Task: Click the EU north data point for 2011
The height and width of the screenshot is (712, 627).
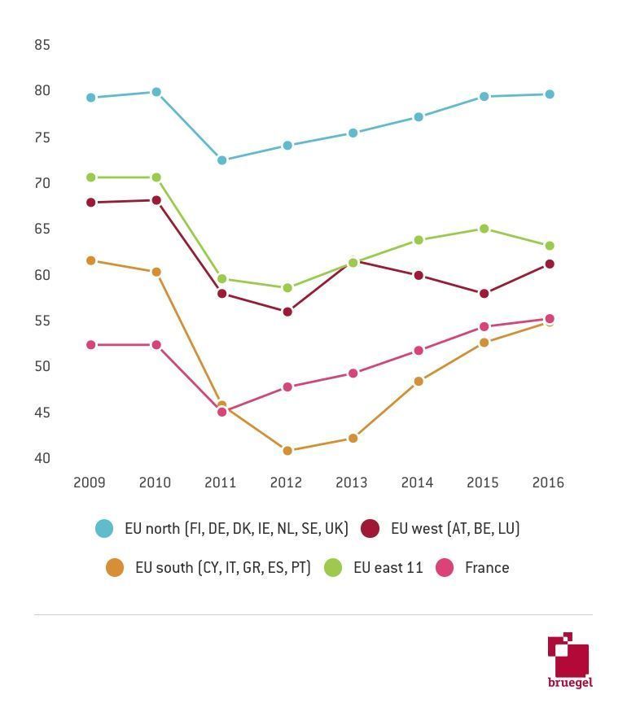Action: click(221, 160)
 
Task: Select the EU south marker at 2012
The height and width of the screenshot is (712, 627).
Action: click(287, 451)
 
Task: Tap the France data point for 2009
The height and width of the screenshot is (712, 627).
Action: click(91, 345)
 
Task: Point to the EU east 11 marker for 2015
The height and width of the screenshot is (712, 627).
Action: click(484, 229)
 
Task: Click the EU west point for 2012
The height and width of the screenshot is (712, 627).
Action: click(287, 312)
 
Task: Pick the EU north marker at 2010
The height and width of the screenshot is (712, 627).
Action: click(156, 93)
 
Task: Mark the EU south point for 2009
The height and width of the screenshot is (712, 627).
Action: click(91, 261)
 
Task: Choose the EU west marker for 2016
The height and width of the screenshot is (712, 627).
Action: click(550, 264)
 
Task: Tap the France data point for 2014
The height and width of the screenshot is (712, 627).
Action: click(419, 351)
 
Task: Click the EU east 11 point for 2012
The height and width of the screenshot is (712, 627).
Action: click(287, 288)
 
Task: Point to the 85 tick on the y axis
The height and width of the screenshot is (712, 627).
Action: click(42, 46)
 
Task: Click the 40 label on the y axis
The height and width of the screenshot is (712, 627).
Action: click(42, 459)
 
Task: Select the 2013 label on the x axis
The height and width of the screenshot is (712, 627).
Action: click(352, 483)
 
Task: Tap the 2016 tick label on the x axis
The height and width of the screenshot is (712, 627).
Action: click(548, 483)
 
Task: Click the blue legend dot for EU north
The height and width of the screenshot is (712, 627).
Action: click(104, 529)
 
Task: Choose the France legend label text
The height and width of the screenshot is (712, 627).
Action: click(487, 568)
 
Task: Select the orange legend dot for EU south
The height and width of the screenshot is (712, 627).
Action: click(115, 568)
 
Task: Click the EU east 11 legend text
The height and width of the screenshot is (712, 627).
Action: click(388, 568)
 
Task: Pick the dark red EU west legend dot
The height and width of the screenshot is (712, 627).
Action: click(370, 529)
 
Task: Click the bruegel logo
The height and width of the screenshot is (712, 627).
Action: click(569, 660)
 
